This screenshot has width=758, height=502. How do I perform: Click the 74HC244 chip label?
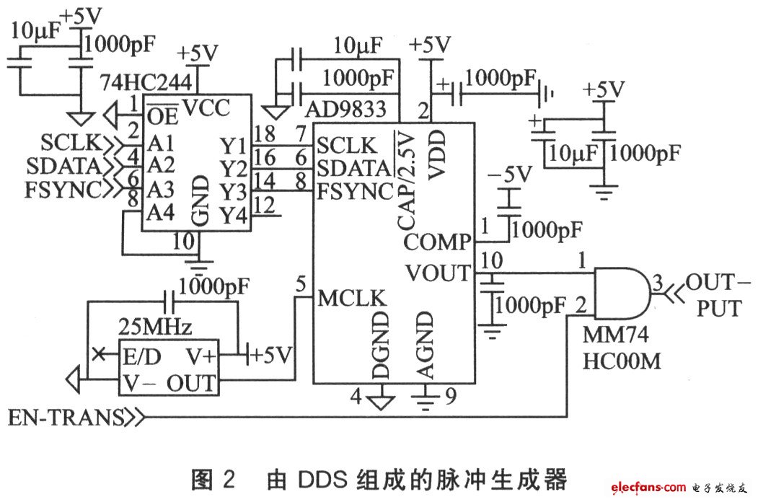(x=146, y=83)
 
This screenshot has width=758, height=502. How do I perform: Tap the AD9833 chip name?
(x=346, y=110)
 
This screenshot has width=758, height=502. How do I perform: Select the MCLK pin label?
(x=352, y=298)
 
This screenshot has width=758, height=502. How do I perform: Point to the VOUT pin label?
(x=438, y=273)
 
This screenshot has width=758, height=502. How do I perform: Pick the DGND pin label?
(x=381, y=344)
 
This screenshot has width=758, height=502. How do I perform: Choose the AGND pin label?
(x=425, y=344)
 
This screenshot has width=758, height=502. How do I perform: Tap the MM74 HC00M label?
(x=622, y=348)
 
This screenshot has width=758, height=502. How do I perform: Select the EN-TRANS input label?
(x=66, y=417)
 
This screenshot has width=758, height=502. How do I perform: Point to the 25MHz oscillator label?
(x=155, y=327)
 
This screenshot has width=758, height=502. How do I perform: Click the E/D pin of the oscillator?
(x=141, y=357)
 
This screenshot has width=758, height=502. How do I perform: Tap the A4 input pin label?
(x=161, y=212)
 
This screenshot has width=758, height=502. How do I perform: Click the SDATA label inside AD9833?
(x=354, y=168)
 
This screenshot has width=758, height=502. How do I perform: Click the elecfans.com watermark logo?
(x=648, y=487)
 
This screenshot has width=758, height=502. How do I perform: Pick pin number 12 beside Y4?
(x=265, y=205)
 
